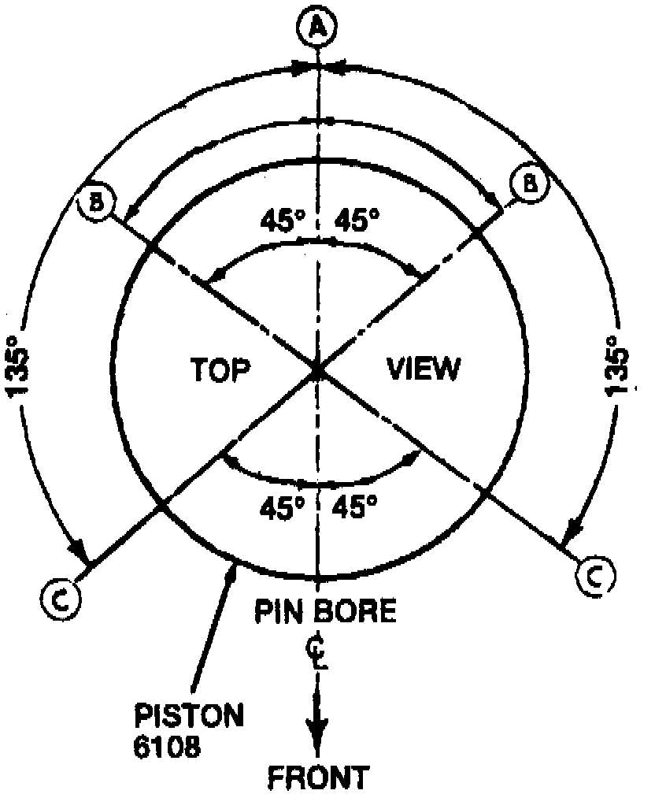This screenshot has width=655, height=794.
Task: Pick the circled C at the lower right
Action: [596, 577]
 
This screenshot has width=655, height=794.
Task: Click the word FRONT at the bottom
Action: [319, 778]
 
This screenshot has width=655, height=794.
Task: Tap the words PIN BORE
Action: [324, 610]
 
